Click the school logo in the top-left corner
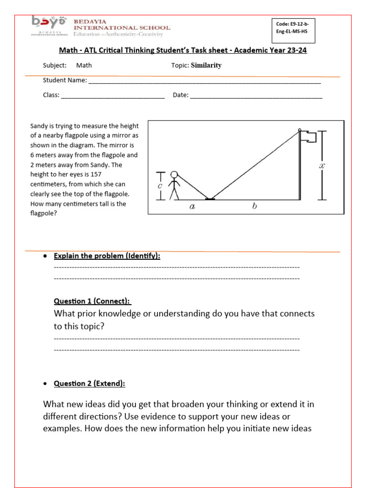pos(50,26)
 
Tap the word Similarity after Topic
pos(206,65)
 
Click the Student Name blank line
pos(204,81)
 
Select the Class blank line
pos(112,96)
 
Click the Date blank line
pos(256,96)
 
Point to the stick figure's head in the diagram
pos(175,174)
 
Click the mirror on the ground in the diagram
pos(210,199)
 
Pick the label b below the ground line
pos(254,207)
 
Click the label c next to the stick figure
pos(160,185)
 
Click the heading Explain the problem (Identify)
pos(107,256)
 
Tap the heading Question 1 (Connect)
pos(92,301)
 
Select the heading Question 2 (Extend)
pos(90,384)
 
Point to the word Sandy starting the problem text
pos(39,126)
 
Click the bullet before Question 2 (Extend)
pos(45,384)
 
